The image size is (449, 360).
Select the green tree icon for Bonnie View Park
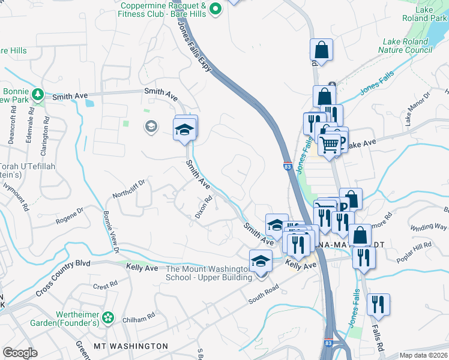[x=38, y=94]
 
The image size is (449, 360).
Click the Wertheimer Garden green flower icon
[x=108, y=316]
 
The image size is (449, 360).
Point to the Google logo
[x=20, y=352]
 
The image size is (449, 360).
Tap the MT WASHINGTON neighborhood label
[x=131, y=346]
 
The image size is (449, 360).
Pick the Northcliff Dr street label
[x=129, y=189]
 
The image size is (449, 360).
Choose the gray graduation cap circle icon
[x=151, y=126]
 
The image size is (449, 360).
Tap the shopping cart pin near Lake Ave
[x=330, y=144]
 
